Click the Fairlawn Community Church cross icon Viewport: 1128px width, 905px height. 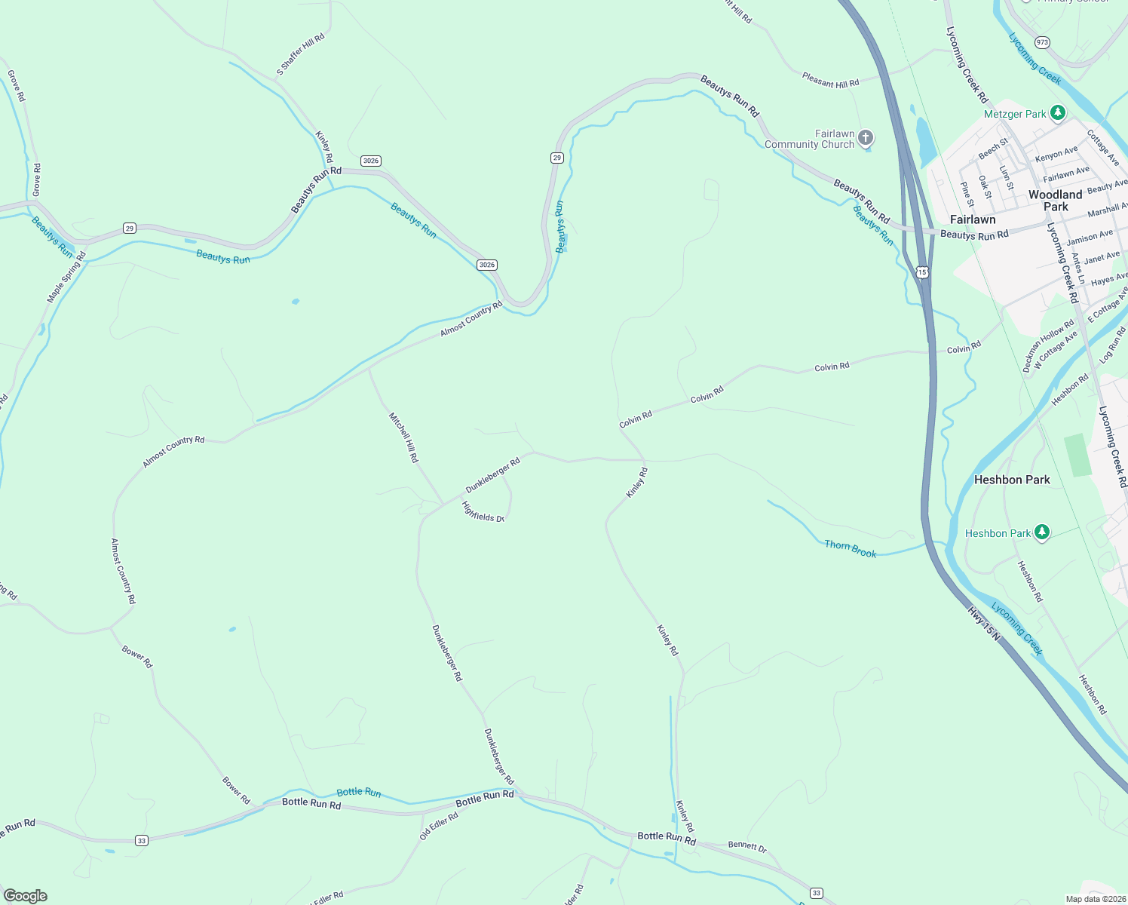[866, 137]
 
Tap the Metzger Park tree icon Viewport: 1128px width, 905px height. [1058, 113]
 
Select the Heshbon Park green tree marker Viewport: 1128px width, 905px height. [1041, 532]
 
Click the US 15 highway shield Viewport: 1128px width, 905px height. [922, 271]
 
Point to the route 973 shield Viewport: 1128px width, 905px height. [1042, 42]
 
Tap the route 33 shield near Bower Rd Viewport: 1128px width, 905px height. [141, 840]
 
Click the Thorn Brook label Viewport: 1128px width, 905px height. [851, 549]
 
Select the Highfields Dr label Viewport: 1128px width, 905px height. [483, 513]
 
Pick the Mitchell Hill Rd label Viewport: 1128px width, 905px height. [403, 437]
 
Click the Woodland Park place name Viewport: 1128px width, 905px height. [1055, 201]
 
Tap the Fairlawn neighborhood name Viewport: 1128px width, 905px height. [973, 219]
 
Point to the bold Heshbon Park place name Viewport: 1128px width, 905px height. [1012, 480]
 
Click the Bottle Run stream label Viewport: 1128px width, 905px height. [359, 792]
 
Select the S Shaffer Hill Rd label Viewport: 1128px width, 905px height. [300, 54]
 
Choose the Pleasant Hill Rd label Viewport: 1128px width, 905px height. [830, 80]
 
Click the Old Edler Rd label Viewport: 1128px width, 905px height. [439, 827]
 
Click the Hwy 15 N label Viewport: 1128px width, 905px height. [984, 625]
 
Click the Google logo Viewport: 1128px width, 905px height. [26, 896]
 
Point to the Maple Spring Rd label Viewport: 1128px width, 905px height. [66, 278]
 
